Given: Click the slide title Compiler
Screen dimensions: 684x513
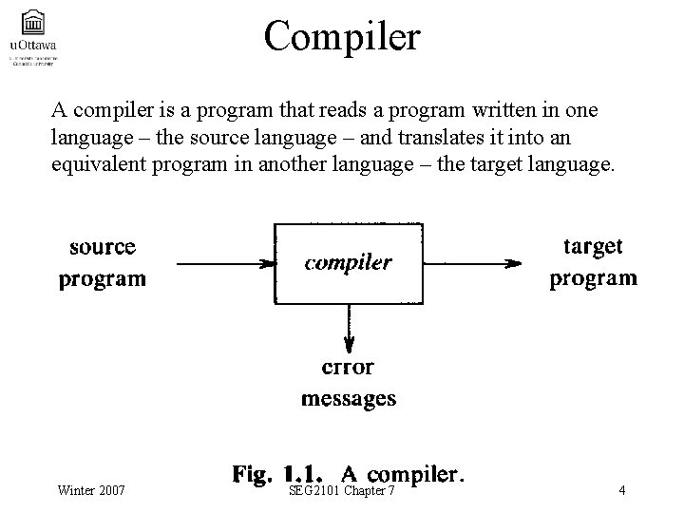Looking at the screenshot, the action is (342, 36).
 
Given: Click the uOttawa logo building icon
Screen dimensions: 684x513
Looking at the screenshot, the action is (32, 22).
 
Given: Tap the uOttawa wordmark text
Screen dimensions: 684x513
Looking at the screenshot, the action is (32, 44).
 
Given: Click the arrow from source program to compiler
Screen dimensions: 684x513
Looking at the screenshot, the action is (226, 263).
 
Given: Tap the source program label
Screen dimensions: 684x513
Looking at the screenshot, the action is (103, 263).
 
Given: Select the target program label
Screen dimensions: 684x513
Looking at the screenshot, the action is (594, 262).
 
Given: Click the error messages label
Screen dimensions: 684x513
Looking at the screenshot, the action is (349, 383).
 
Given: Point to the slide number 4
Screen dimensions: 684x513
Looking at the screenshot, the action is (620, 490).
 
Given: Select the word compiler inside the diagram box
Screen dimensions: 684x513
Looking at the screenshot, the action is (348, 263).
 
